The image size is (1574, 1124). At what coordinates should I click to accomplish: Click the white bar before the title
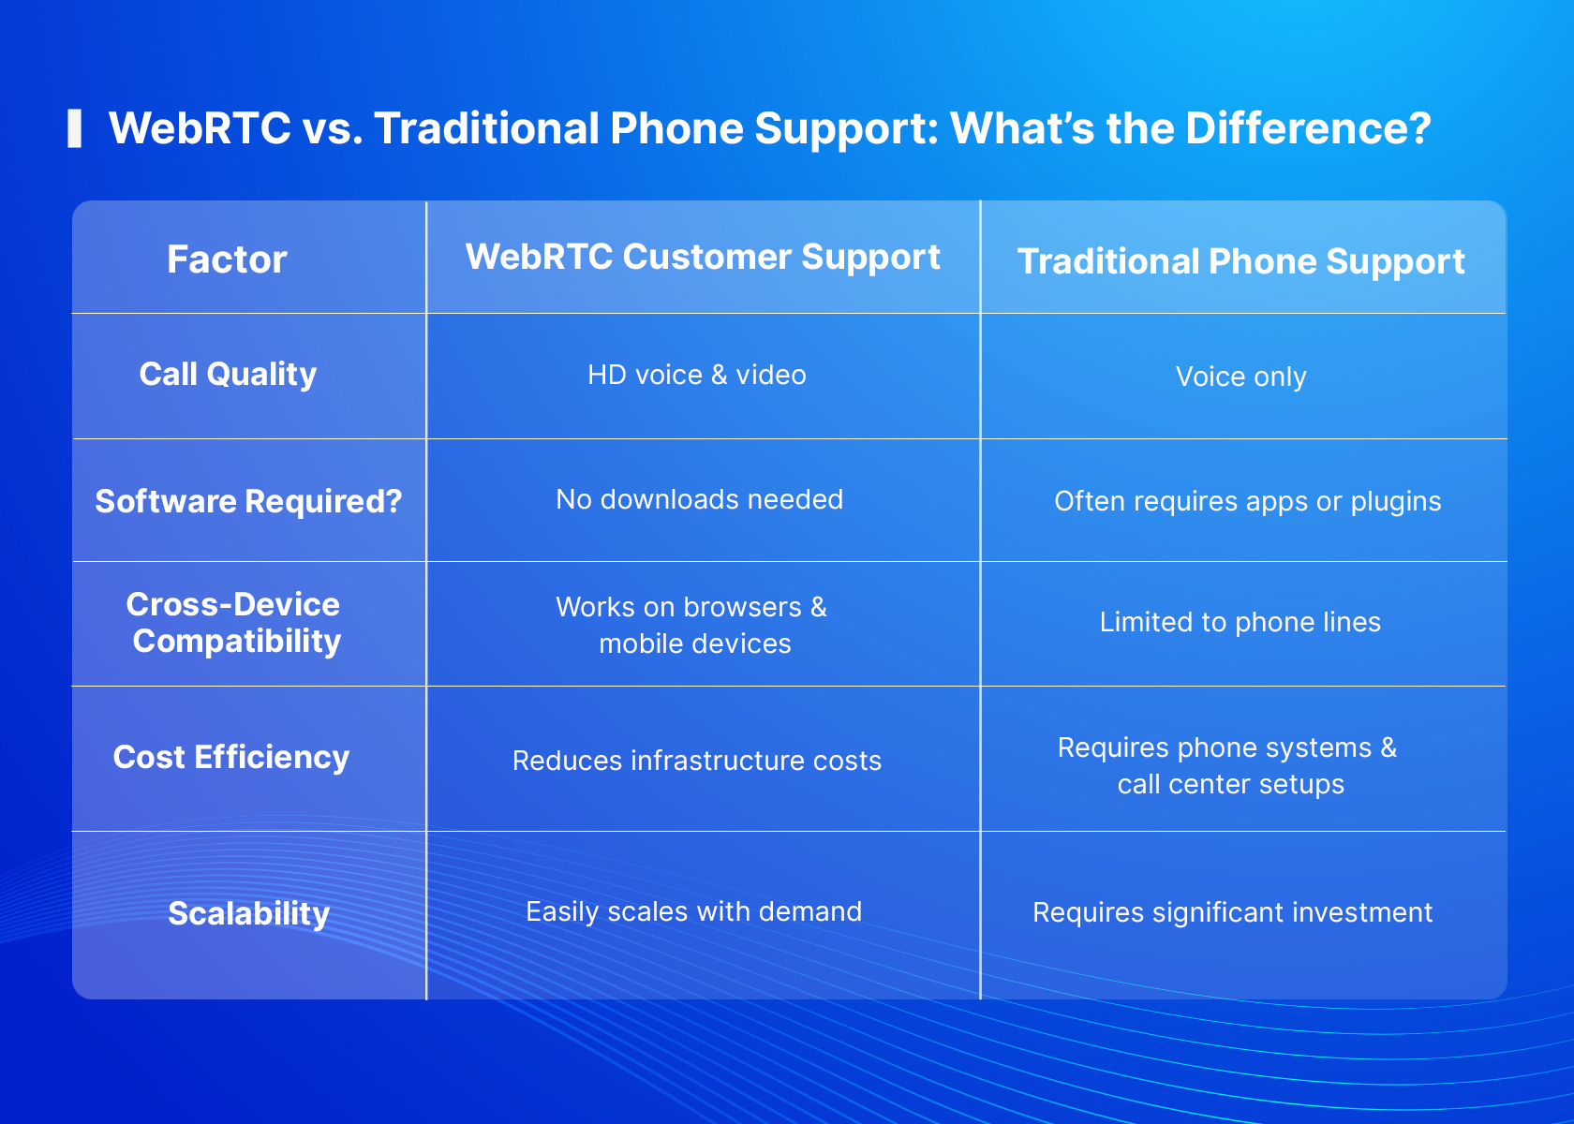click(75, 128)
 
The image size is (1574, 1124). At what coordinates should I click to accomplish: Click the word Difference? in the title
click(1308, 128)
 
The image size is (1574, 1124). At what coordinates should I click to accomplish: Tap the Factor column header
click(227, 259)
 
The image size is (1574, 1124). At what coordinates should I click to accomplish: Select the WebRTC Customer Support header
click(703, 258)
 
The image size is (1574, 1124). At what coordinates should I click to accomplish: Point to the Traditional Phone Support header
click(1240, 262)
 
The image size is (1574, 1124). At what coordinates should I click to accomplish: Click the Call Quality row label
click(228, 375)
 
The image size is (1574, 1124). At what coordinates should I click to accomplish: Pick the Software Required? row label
click(249, 501)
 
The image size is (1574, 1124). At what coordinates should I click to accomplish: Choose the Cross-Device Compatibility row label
click(234, 623)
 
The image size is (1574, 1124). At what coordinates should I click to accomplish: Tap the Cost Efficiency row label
click(231, 758)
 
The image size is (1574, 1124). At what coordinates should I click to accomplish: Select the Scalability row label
click(249, 914)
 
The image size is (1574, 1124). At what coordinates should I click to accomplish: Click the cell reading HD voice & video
click(697, 375)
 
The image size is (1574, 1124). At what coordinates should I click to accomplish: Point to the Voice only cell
click(1240, 377)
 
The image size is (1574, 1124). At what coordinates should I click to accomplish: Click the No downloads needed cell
click(699, 499)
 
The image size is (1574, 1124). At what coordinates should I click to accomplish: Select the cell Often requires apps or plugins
click(1247, 502)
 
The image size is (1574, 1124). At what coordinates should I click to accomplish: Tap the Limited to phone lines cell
click(1240, 622)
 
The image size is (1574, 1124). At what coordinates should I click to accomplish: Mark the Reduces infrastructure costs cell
click(696, 761)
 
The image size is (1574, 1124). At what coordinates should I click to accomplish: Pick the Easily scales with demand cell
click(693, 912)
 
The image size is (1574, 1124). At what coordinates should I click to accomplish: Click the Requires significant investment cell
click(1233, 912)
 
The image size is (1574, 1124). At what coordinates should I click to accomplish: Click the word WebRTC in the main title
click(200, 128)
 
